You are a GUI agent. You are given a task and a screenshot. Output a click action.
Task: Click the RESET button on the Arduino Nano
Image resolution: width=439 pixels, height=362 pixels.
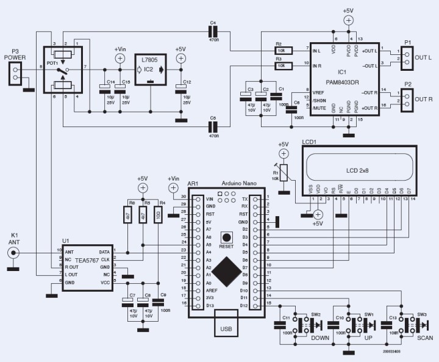(x=227, y=237)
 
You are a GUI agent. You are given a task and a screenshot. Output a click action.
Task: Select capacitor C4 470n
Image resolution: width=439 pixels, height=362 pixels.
(x=213, y=32)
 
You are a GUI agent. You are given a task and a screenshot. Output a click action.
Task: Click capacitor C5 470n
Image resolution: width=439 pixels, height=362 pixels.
(x=213, y=127)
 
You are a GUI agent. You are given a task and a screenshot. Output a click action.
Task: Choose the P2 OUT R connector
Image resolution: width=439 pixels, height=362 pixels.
(x=404, y=98)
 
